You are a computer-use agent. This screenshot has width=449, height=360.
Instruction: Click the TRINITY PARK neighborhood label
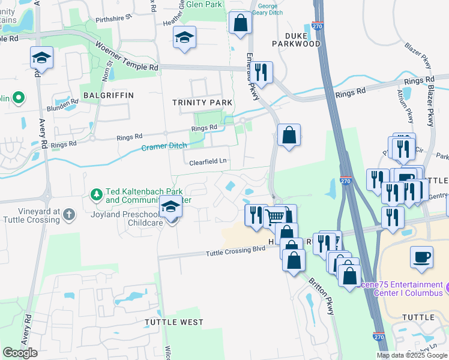(x=202, y=103)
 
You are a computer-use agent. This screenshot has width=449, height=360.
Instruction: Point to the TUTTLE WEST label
(x=174, y=322)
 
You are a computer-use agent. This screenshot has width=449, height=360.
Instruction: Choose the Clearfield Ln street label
(x=207, y=161)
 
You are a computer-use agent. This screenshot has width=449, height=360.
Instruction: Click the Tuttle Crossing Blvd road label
(x=235, y=251)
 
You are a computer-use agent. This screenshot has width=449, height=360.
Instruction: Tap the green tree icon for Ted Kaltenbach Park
(x=96, y=194)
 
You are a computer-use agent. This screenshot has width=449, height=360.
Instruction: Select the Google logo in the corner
(x=20, y=353)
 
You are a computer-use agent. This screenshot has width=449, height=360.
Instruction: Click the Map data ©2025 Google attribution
(x=411, y=355)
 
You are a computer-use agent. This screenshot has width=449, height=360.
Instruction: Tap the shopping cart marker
(x=275, y=217)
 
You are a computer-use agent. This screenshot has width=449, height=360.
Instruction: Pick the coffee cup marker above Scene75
(x=421, y=257)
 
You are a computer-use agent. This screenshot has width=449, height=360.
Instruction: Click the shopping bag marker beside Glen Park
(x=240, y=23)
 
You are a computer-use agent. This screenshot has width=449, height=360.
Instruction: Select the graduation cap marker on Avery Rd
(x=41, y=58)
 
